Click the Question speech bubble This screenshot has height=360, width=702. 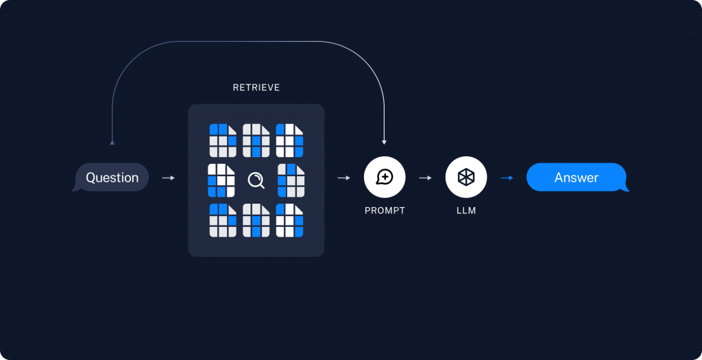[112, 178]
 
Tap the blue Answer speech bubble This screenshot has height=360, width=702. [576, 178]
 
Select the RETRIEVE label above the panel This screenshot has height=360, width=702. [256, 88]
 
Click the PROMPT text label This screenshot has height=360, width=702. [385, 211]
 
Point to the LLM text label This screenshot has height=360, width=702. [465, 211]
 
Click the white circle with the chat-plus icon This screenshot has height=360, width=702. [385, 177]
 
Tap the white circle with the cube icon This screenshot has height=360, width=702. [466, 177]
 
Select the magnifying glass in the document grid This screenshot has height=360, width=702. [256, 180]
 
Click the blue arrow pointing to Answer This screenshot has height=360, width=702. [507, 178]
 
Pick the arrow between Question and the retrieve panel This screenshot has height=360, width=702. [168, 178]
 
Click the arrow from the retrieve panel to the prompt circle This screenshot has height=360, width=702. [343, 178]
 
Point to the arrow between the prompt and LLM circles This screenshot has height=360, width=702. [425, 178]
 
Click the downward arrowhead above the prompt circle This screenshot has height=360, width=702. [384, 142]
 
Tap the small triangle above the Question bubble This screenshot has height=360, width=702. [112, 143]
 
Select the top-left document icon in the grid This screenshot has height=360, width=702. [223, 141]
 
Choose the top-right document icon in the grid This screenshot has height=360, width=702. [289, 141]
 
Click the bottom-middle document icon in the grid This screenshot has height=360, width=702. [256, 220]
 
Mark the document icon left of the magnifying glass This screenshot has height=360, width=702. [221, 180]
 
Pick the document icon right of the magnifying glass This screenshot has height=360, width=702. [291, 180]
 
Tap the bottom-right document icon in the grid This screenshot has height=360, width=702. [289, 220]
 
